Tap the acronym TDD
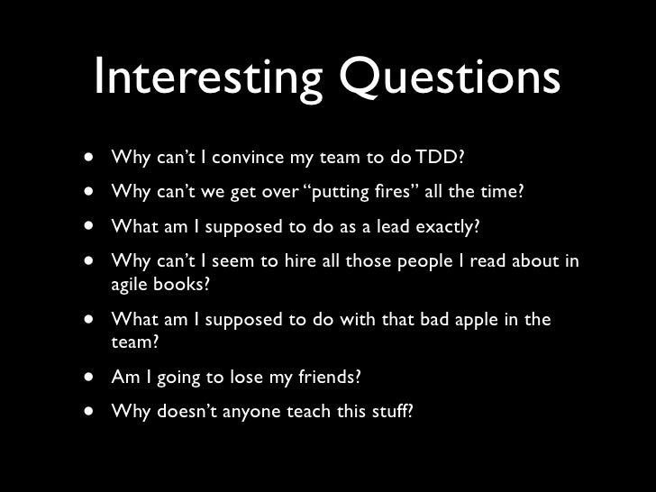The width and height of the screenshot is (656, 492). click(442, 159)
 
